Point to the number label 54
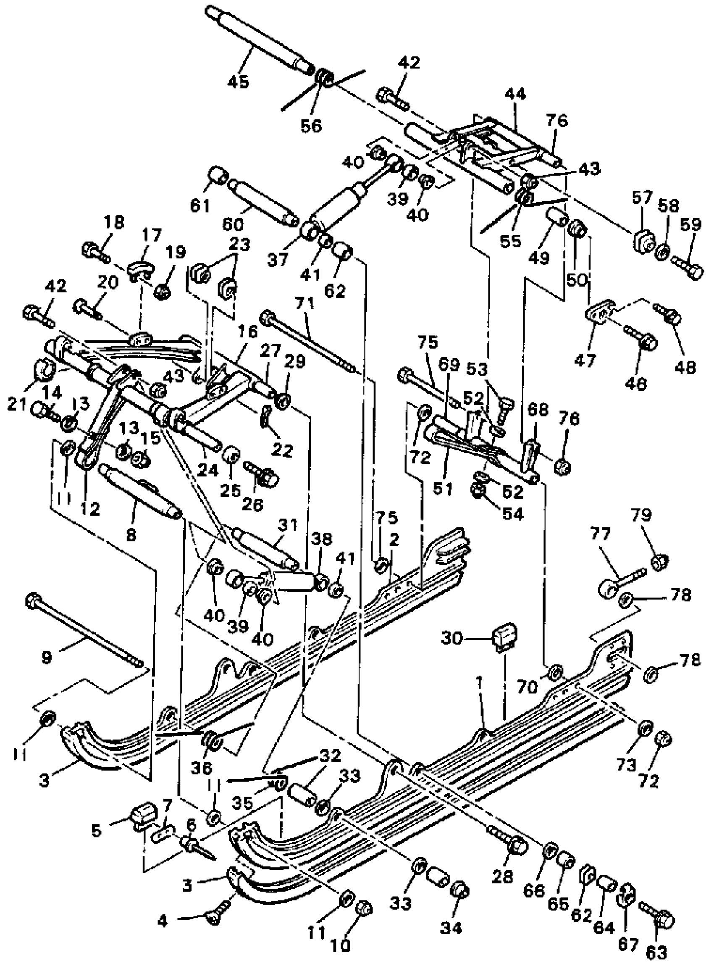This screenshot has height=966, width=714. [x=512, y=514]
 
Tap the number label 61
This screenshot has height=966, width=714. [x=200, y=205]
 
